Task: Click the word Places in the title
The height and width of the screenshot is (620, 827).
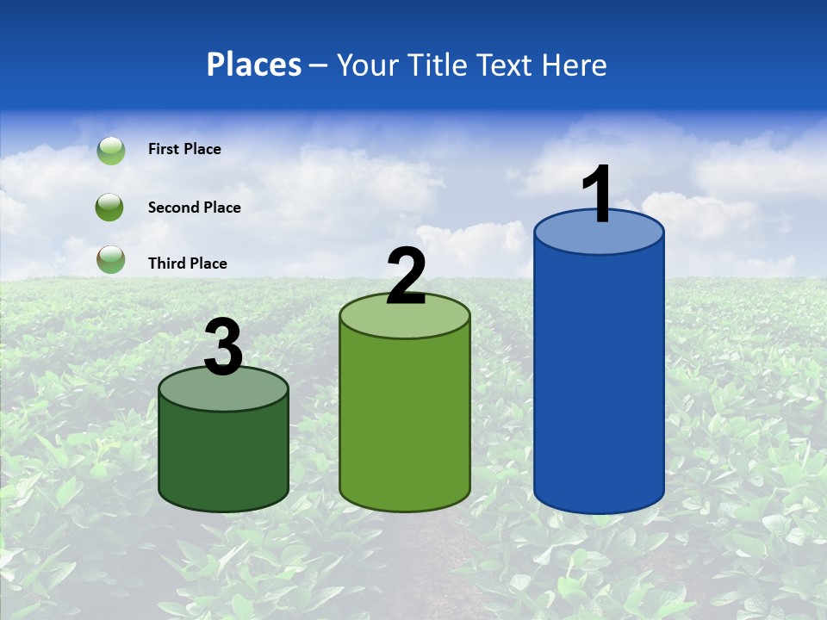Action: (254, 65)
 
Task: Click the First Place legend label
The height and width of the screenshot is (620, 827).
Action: (184, 149)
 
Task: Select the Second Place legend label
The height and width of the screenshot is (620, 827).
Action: (194, 208)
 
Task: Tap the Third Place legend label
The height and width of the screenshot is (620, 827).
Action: (187, 263)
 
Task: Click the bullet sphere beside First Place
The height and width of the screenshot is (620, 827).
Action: (110, 151)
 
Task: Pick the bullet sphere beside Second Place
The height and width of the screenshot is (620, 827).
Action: (110, 208)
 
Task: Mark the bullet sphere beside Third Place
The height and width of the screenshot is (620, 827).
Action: (110, 259)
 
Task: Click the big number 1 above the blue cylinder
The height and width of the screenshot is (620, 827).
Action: (597, 195)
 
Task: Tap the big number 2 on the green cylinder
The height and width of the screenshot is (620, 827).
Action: (406, 276)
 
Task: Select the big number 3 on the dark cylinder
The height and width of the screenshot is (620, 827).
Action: (224, 347)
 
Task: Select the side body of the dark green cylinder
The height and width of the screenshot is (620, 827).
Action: (223, 456)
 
